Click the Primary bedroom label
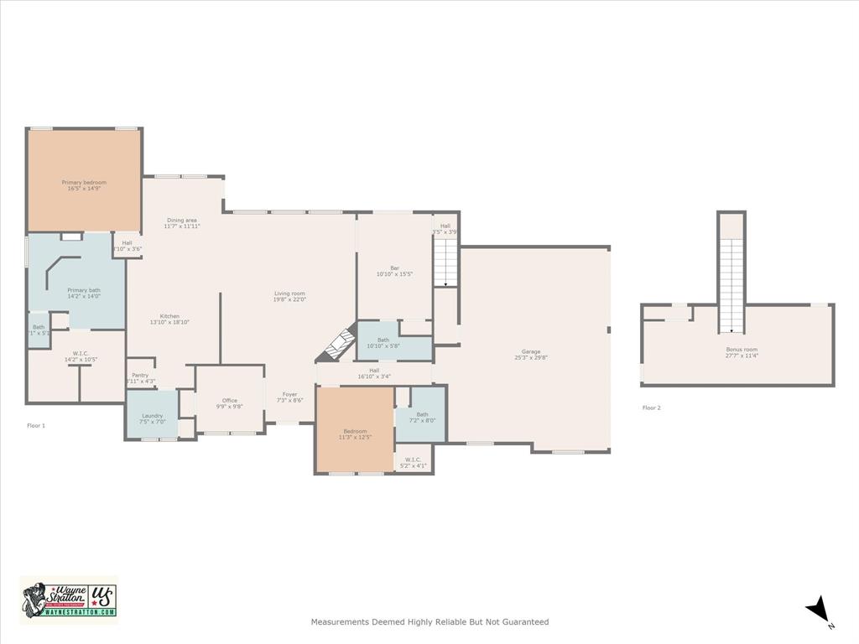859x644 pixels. point(84,182)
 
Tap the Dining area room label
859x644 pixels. point(181,221)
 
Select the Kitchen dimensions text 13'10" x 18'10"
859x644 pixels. point(169,322)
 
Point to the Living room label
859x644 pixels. point(290,293)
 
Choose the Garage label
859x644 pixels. point(531,351)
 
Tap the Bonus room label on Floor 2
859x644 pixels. point(742,349)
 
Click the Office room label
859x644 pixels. point(229,401)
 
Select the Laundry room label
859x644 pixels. point(152,416)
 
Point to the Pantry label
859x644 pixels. point(140,375)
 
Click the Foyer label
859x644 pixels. point(289,394)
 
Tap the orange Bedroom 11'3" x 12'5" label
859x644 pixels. point(355,431)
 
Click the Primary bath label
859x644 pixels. point(84,290)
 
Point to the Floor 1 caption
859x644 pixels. point(36,426)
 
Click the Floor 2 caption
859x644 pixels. point(652,408)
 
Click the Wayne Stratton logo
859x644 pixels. point(68,599)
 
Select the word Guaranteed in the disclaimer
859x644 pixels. point(524,622)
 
